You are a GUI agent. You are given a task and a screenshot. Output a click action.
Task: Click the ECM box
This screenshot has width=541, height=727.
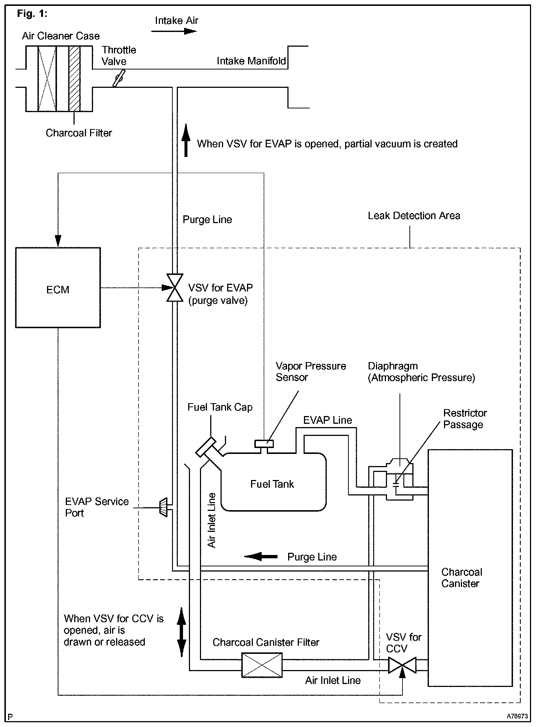tap(58, 288)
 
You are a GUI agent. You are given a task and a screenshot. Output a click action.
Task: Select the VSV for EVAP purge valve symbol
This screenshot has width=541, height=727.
tap(175, 288)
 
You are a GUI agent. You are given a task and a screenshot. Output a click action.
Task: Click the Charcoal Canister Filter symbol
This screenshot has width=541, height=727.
tap(262, 665)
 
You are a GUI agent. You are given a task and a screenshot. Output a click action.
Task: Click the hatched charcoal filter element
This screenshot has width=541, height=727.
tap(75, 79)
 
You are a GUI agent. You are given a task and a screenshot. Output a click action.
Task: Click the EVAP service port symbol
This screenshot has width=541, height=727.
tap(163, 508)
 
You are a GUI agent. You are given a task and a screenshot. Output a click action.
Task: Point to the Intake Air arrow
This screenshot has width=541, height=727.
tap(174, 31)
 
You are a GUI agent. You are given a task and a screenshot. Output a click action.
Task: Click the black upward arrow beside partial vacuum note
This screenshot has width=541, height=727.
tap(186, 140)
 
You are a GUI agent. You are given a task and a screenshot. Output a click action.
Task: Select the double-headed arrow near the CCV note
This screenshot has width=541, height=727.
tap(182, 632)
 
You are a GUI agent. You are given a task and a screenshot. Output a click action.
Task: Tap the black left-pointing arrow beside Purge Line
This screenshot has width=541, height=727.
tap(261, 556)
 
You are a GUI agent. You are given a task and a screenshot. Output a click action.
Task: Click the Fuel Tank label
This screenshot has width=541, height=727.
tap(272, 484)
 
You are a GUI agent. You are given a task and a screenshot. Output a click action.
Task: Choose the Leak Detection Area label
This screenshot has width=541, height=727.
tap(414, 216)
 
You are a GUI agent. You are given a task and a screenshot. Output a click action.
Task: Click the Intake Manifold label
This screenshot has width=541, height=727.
tap(251, 61)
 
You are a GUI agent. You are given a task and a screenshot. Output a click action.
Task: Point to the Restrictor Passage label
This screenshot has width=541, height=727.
tap(465, 419)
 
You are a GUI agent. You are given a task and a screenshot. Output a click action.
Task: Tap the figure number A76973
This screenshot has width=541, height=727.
tap(517, 716)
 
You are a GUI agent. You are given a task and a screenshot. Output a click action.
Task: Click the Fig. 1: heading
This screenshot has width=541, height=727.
tap(32, 14)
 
